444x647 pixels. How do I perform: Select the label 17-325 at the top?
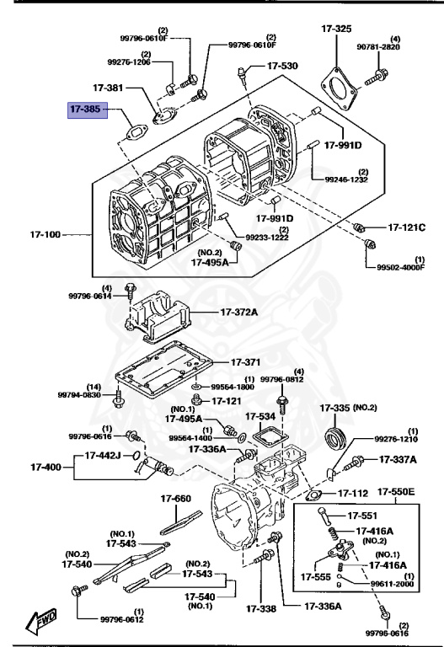(336, 29)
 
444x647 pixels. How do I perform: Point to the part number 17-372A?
(239, 313)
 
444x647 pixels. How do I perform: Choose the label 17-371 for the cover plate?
(245, 362)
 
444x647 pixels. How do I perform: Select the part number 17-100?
(45, 235)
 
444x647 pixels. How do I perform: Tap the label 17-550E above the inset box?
(396, 492)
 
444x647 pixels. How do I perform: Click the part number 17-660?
(176, 499)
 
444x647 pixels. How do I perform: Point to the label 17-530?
(282, 66)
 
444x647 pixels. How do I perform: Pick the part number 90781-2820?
(378, 47)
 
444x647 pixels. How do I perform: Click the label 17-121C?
(406, 227)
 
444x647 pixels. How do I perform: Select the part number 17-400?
(45, 468)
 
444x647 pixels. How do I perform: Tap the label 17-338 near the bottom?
(261, 608)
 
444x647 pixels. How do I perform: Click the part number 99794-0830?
(79, 395)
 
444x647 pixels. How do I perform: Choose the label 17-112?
(353, 493)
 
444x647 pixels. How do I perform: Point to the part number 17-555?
(316, 577)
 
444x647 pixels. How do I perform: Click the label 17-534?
(260, 417)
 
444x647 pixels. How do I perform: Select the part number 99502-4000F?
(401, 267)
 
